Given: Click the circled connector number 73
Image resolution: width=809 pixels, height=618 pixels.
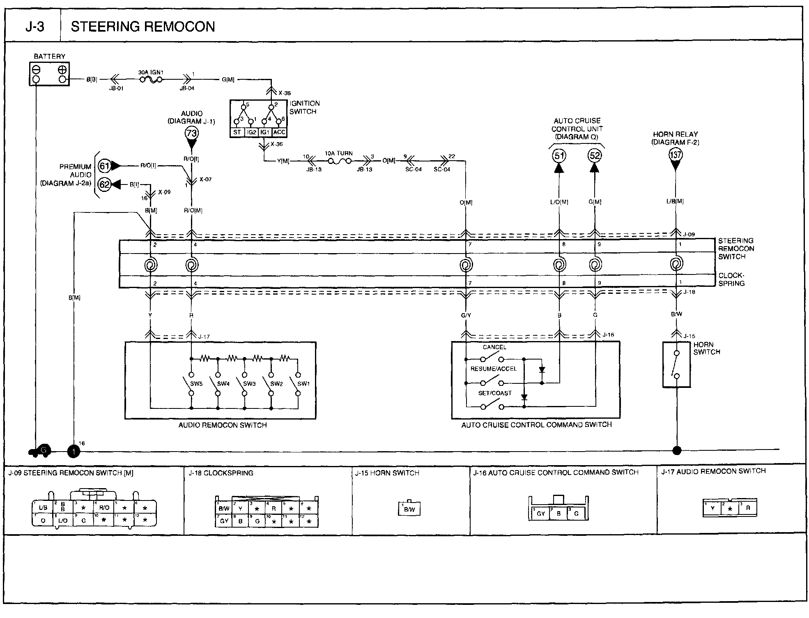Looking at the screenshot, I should [192, 133].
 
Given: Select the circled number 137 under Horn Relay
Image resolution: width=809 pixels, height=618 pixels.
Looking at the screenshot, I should [676, 155].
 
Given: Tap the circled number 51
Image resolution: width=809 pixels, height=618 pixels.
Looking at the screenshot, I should [559, 155].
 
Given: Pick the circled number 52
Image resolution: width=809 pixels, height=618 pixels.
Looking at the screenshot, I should [595, 155].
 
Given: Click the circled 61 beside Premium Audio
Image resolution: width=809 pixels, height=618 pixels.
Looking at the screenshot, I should [105, 166].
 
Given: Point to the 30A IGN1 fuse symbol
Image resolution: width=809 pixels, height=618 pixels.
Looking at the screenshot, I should [151, 80].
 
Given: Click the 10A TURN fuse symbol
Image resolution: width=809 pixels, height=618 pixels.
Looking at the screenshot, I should [339, 161].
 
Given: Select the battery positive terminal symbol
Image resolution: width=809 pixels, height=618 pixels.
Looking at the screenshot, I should [62, 70].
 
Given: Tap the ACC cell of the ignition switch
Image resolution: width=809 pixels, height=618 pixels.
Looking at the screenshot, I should [279, 132].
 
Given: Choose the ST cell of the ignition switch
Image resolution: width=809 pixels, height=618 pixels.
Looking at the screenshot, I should [237, 132].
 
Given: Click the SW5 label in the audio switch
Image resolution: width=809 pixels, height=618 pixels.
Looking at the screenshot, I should [196, 384].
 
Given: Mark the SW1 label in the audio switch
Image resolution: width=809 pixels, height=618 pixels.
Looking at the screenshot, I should [303, 384].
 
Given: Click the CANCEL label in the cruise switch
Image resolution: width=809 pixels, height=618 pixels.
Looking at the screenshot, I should [494, 347].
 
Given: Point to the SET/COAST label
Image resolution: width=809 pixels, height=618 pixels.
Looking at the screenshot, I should [495, 393].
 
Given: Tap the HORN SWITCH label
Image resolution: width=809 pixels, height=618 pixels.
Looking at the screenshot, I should [706, 348].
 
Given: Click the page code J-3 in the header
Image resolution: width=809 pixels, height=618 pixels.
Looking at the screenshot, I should [34, 27].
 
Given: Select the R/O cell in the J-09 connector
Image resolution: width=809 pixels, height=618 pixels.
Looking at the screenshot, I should [104, 507].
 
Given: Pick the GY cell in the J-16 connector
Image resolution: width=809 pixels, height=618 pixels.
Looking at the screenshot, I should [541, 514].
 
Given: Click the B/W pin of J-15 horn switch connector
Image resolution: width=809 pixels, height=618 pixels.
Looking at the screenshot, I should [409, 510].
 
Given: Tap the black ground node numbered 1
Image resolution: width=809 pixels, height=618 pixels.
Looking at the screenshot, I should [74, 451].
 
